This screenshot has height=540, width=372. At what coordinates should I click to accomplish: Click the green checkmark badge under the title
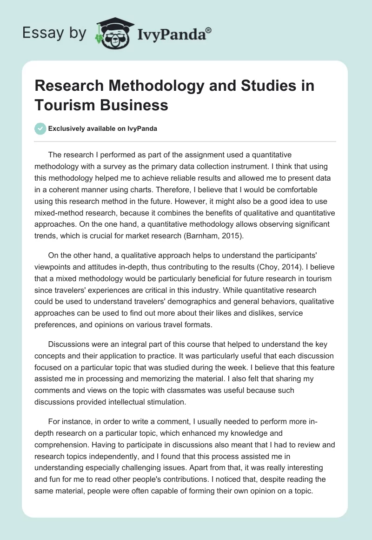(40, 128)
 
